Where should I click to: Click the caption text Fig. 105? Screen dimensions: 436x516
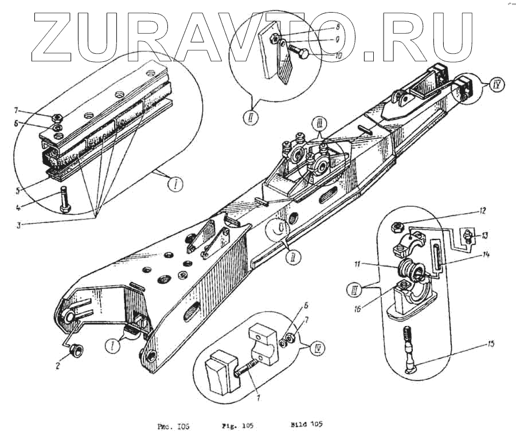click(237, 426)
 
